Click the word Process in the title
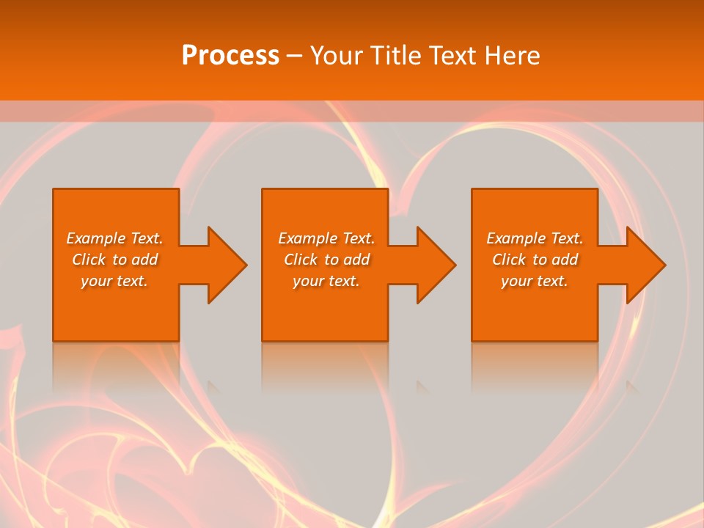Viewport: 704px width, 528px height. [x=230, y=56]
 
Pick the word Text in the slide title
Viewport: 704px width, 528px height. [x=453, y=56]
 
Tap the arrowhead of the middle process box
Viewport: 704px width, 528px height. [x=435, y=265]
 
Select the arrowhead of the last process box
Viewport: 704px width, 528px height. [x=645, y=265]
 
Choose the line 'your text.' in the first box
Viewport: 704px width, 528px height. [x=114, y=281]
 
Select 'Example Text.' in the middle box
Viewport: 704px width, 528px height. [x=326, y=238]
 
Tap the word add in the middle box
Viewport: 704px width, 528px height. [x=356, y=260]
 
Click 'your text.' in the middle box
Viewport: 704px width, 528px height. [x=326, y=281]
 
